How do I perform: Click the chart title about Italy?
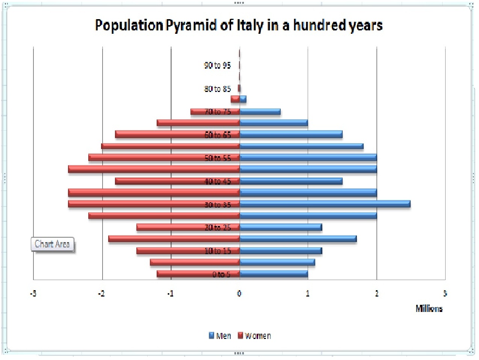(x=239, y=26)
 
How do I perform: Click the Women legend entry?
(x=254, y=336)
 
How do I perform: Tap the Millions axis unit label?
(x=429, y=309)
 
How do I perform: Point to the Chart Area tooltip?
(x=52, y=244)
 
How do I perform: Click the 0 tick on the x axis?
(x=239, y=294)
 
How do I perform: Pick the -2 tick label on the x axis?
(x=101, y=294)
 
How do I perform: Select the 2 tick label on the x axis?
(x=377, y=294)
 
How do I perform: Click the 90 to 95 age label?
(x=218, y=65)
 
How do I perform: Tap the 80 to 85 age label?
(x=218, y=89)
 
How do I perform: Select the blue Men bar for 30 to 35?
(x=325, y=204)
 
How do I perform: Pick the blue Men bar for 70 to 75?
(x=260, y=111)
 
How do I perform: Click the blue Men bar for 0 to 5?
(x=274, y=274)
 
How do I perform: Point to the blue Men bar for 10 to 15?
(x=281, y=250)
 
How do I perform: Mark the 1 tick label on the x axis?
(x=308, y=294)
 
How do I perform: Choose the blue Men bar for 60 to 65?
(x=291, y=134)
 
